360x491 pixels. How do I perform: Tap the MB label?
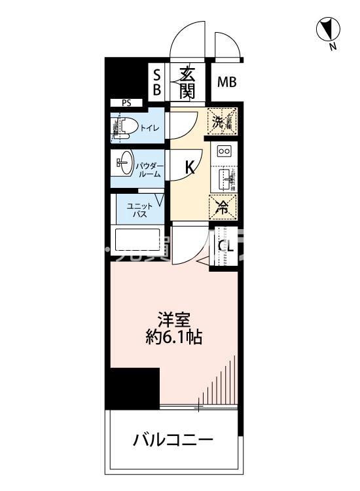click(x=226, y=82)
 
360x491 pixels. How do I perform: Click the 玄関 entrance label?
click(x=187, y=82)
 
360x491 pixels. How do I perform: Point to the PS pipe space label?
click(x=126, y=103)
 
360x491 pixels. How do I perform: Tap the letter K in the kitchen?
click(x=189, y=168)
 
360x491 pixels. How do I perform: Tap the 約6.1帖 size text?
click(x=173, y=338)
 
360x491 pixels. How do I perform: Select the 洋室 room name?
click(x=173, y=319)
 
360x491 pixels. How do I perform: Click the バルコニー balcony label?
click(x=173, y=439)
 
